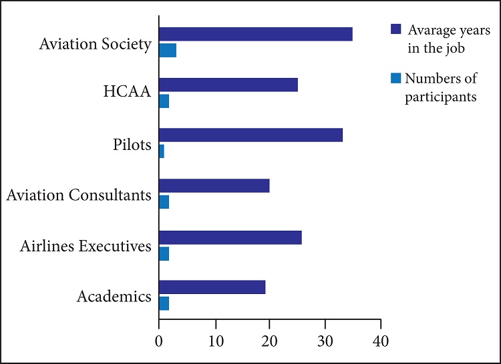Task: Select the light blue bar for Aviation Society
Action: [x=168, y=50]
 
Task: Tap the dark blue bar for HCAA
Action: [x=228, y=85]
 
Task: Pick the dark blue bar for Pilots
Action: [x=251, y=135]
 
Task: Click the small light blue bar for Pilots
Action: [x=162, y=151]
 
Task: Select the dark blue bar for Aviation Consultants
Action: [x=214, y=185]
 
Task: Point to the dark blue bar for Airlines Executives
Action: [x=230, y=237]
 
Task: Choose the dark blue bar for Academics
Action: [x=212, y=287]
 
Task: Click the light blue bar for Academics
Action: [x=164, y=303]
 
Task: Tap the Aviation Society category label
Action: [x=96, y=45]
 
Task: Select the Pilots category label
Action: [x=132, y=145]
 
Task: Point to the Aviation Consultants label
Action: [x=78, y=196]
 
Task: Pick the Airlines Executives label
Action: [x=85, y=247]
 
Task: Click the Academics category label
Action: [x=114, y=297]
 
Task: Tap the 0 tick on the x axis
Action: [x=159, y=341]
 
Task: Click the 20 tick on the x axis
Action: [x=270, y=341]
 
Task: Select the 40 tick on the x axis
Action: [x=381, y=341]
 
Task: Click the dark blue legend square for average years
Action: [x=395, y=29]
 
